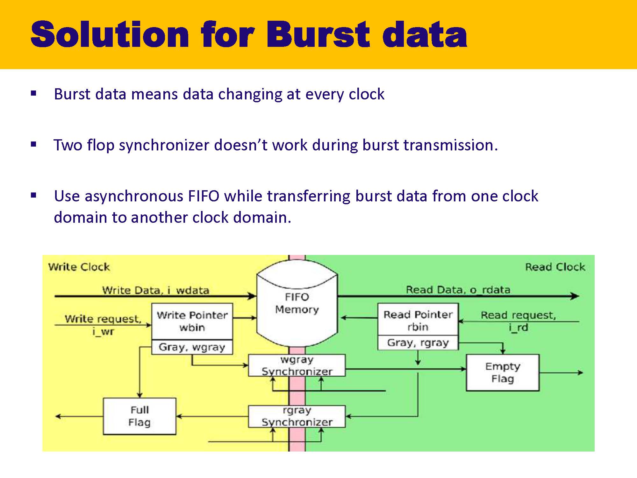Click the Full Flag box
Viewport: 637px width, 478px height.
tap(139, 416)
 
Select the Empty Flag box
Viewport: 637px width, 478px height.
tap(502, 372)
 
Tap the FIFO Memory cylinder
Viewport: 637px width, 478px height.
tap(297, 303)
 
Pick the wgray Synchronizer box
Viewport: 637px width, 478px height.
tap(297, 366)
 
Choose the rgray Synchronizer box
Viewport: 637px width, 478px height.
tap(297, 416)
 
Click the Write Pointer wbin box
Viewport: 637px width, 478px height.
tap(192, 321)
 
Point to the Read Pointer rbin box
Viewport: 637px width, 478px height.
tap(418, 321)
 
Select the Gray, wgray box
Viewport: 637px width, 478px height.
tap(192, 347)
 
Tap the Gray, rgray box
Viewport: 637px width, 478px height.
tap(418, 343)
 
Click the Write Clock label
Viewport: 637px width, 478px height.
tap(79, 267)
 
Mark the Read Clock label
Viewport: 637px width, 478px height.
tap(555, 267)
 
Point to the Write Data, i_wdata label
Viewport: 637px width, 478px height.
tap(155, 290)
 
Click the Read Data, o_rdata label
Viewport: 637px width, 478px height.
tap(458, 289)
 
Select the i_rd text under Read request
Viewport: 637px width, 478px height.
tap(518, 328)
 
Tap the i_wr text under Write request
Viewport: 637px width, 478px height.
tap(103, 331)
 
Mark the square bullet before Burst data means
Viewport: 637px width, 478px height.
tap(34, 94)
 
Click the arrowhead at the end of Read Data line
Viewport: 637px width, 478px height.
tap(575, 296)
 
